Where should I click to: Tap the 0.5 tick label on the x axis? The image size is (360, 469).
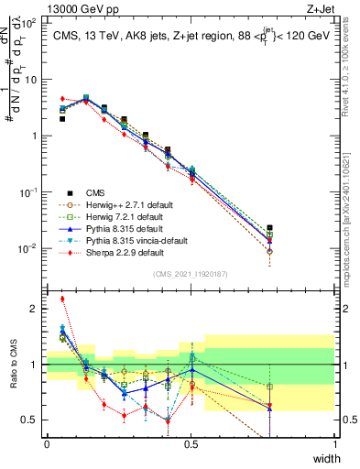click(191, 444)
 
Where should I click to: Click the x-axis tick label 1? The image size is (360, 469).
click(336, 444)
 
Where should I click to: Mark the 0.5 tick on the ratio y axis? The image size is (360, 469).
click(34, 420)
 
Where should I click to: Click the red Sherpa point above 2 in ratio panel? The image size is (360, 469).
click(61, 299)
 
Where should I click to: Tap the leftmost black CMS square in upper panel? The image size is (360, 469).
click(61, 119)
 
